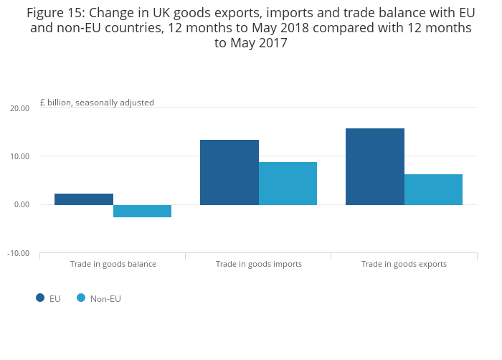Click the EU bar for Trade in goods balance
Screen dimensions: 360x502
83,199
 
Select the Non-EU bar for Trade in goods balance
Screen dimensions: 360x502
142,211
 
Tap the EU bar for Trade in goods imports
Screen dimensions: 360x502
229,172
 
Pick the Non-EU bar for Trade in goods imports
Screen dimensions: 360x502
288,184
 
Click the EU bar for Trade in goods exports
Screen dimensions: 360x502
374,166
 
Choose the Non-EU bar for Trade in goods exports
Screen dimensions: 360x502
433,189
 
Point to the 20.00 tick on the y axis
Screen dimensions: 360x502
19,108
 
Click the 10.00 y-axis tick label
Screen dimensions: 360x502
19,156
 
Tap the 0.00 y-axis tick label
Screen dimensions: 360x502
21,205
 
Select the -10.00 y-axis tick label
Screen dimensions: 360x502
18,253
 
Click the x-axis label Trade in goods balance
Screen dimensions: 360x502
113,264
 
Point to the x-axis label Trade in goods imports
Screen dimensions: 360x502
258,264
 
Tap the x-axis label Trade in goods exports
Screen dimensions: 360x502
404,264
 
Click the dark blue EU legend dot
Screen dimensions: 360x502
40,298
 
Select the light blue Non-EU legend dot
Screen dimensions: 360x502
81,298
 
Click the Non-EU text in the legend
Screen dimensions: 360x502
105,298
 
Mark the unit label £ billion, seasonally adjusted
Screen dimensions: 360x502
97,103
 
